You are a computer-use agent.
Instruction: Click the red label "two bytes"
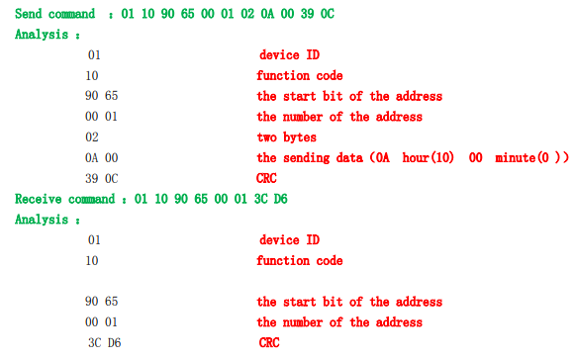pyautogui.click(x=287, y=137)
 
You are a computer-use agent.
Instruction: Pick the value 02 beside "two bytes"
pyautogui.click(x=92, y=137)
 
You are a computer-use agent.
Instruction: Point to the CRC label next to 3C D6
pyautogui.click(x=270, y=343)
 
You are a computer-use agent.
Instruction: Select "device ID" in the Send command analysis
pyautogui.click(x=289, y=54)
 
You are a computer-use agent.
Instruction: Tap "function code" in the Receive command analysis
pyautogui.click(x=300, y=260)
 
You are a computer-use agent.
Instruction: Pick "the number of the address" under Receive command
pyautogui.click(x=339, y=322)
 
